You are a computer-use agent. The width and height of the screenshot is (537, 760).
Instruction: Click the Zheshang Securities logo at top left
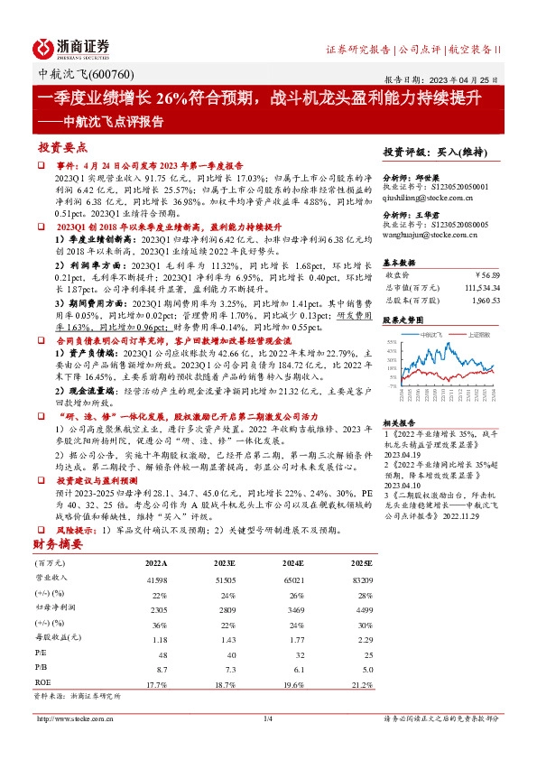71,48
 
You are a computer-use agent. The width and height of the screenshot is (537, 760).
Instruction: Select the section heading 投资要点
62,147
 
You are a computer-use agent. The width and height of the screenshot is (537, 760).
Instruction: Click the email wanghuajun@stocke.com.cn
436,233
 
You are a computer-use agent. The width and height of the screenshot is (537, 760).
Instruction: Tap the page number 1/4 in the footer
267,718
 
